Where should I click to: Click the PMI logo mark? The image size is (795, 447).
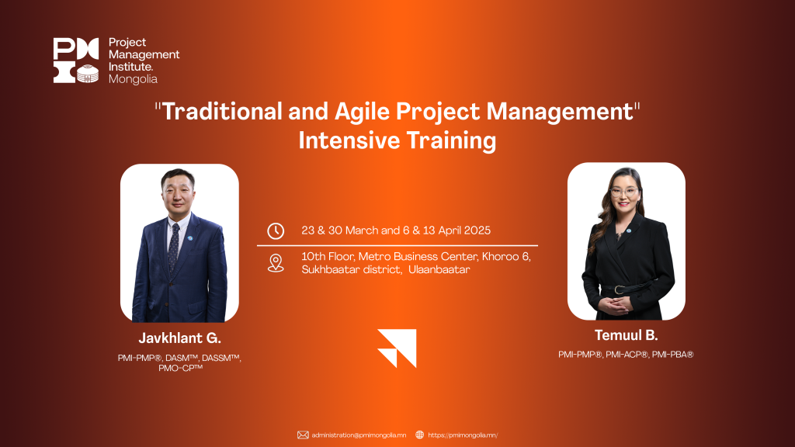[x=76, y=61]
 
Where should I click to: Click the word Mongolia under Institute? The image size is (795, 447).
[x=133, y=79]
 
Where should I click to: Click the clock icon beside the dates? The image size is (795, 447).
[x=276, y=231]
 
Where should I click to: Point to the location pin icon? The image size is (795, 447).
[x=276, y=263]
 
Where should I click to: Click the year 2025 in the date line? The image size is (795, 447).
[x=477, y=230]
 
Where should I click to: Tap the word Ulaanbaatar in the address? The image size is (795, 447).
[x=439, y=269]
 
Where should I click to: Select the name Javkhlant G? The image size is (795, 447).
[x=180, y=338]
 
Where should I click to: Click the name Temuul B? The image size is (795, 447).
[x=627, y=335]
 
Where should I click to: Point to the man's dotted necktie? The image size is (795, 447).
[x=173, y=248]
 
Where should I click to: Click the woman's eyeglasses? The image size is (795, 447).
[x=625, y=192]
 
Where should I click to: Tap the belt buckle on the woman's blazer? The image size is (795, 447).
[x=619, y=289]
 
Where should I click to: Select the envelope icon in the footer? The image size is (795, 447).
[x=303, y=435]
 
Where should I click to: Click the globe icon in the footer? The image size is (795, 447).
[x=420, y=435]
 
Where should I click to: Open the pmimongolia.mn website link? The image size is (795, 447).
[x=463, y=435]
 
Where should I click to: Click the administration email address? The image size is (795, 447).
[x=359, y=435]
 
